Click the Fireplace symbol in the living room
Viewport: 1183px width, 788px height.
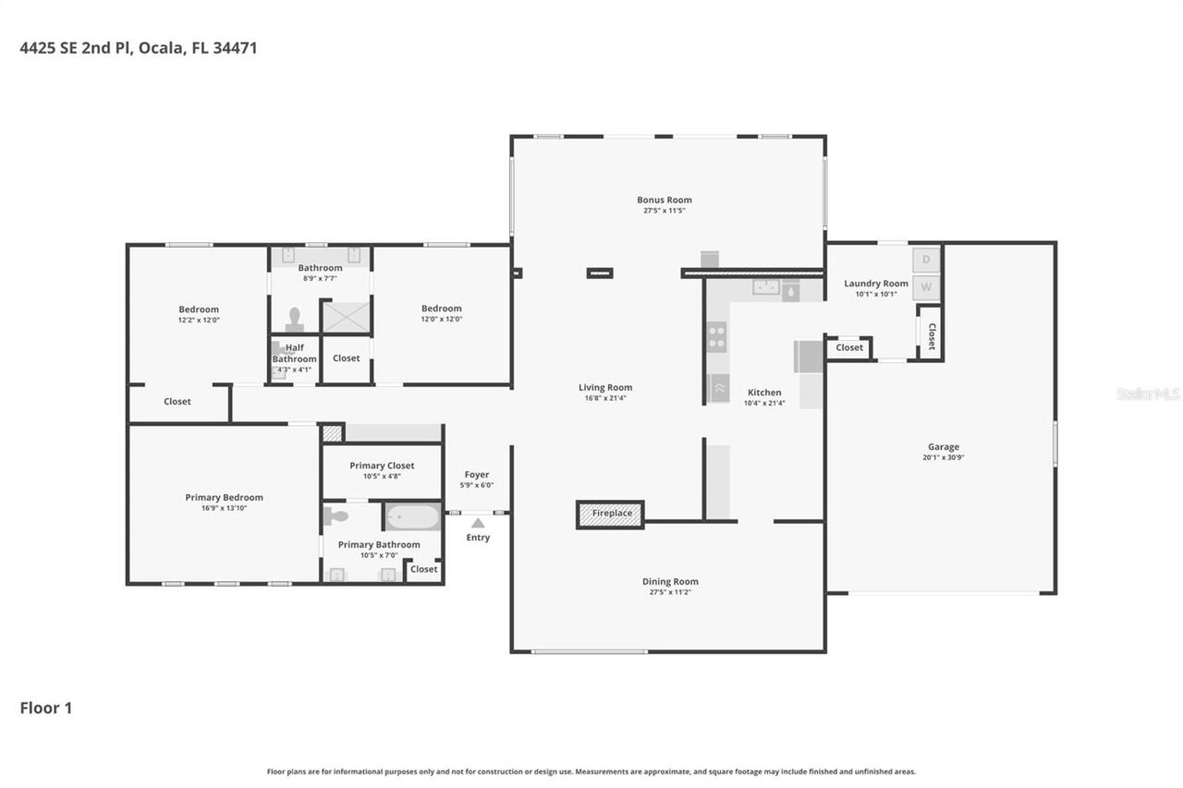pyautogui.click(x=610, y=514)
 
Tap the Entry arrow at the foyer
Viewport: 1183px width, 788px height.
pyautogui.click(x=478, y=523)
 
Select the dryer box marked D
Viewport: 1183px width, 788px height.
pyautogui.click(x=927, y=260)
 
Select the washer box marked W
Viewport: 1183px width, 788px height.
pyautogui.click(x=927, y=288)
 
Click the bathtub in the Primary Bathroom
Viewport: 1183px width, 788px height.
pyautogui.click(x=412, y=516)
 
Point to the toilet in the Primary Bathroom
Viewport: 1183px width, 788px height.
pyautogui.click(x=335, y=516)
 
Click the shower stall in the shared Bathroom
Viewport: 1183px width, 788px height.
pyautogui.click(x=346, y=317)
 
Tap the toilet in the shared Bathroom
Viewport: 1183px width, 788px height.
pyautogui.click(x=295, y=320)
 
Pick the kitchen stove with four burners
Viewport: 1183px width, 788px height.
pyautogui.click(x=716, y=337)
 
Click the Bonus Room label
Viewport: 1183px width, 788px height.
pyautogui.click(x=664, y=200)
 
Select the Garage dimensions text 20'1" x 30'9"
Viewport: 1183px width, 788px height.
pyautogui.click(x=943, y=457)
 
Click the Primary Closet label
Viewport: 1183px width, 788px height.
pyautogui.click(x=382, y=466)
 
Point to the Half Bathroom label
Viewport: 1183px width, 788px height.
pyautogui.click(x=294, y=353)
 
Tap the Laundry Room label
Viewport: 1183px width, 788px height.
pyautogui.click(x=875, y=284)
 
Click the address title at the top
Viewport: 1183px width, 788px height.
pyautogui.click(x=139, y=48)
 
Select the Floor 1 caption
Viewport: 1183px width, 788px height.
pyautogui.click(x=46, y=709)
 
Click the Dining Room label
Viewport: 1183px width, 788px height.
pyautogui.click(x=670, y=581)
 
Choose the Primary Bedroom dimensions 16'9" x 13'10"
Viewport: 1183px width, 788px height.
pyautogui.click(x=224, y=508)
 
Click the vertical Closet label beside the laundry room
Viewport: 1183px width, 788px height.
pyautogui.click(x=931, y=336)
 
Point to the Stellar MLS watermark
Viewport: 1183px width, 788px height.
pyautogui.click(x=1148, y=394)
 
